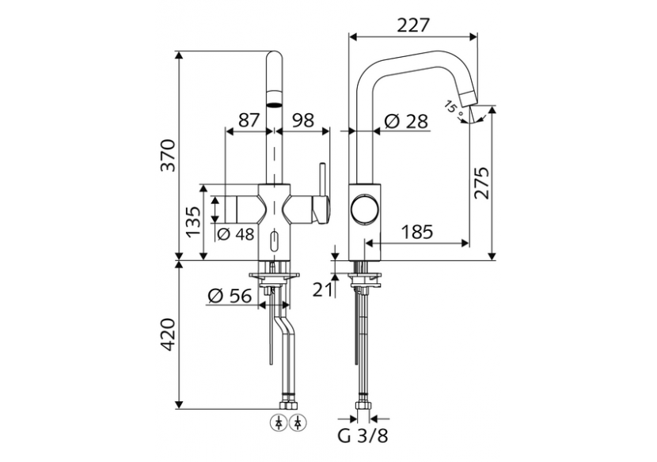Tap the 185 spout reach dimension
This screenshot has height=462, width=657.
416,232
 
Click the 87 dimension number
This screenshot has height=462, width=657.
249,120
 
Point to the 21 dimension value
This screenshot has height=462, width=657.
321,290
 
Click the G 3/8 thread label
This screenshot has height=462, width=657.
364,437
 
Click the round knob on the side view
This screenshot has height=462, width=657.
365,210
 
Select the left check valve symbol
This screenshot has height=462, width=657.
282,421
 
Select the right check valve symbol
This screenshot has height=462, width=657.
297,421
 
